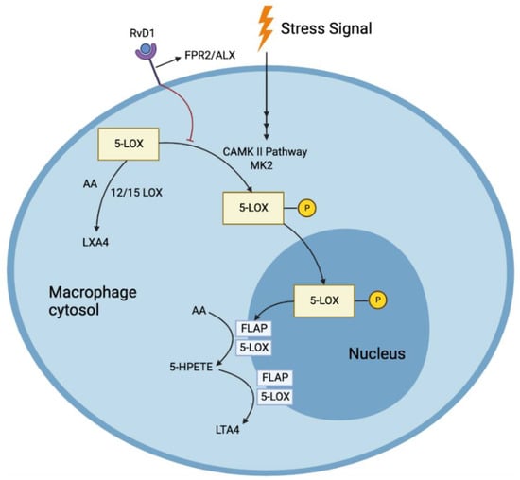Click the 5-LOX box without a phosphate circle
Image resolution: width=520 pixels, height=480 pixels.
[128, 146]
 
